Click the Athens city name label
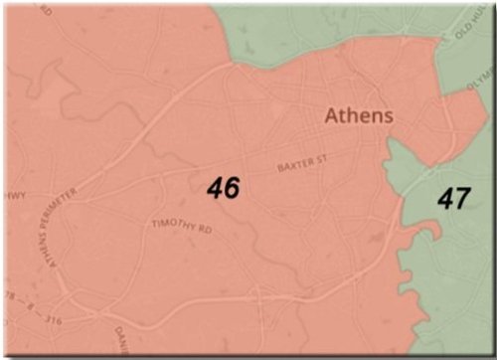[359, 115]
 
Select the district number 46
[224, 187]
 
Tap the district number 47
[453, 198]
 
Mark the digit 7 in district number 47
[461, 198]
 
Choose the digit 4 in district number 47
[445, 198]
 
